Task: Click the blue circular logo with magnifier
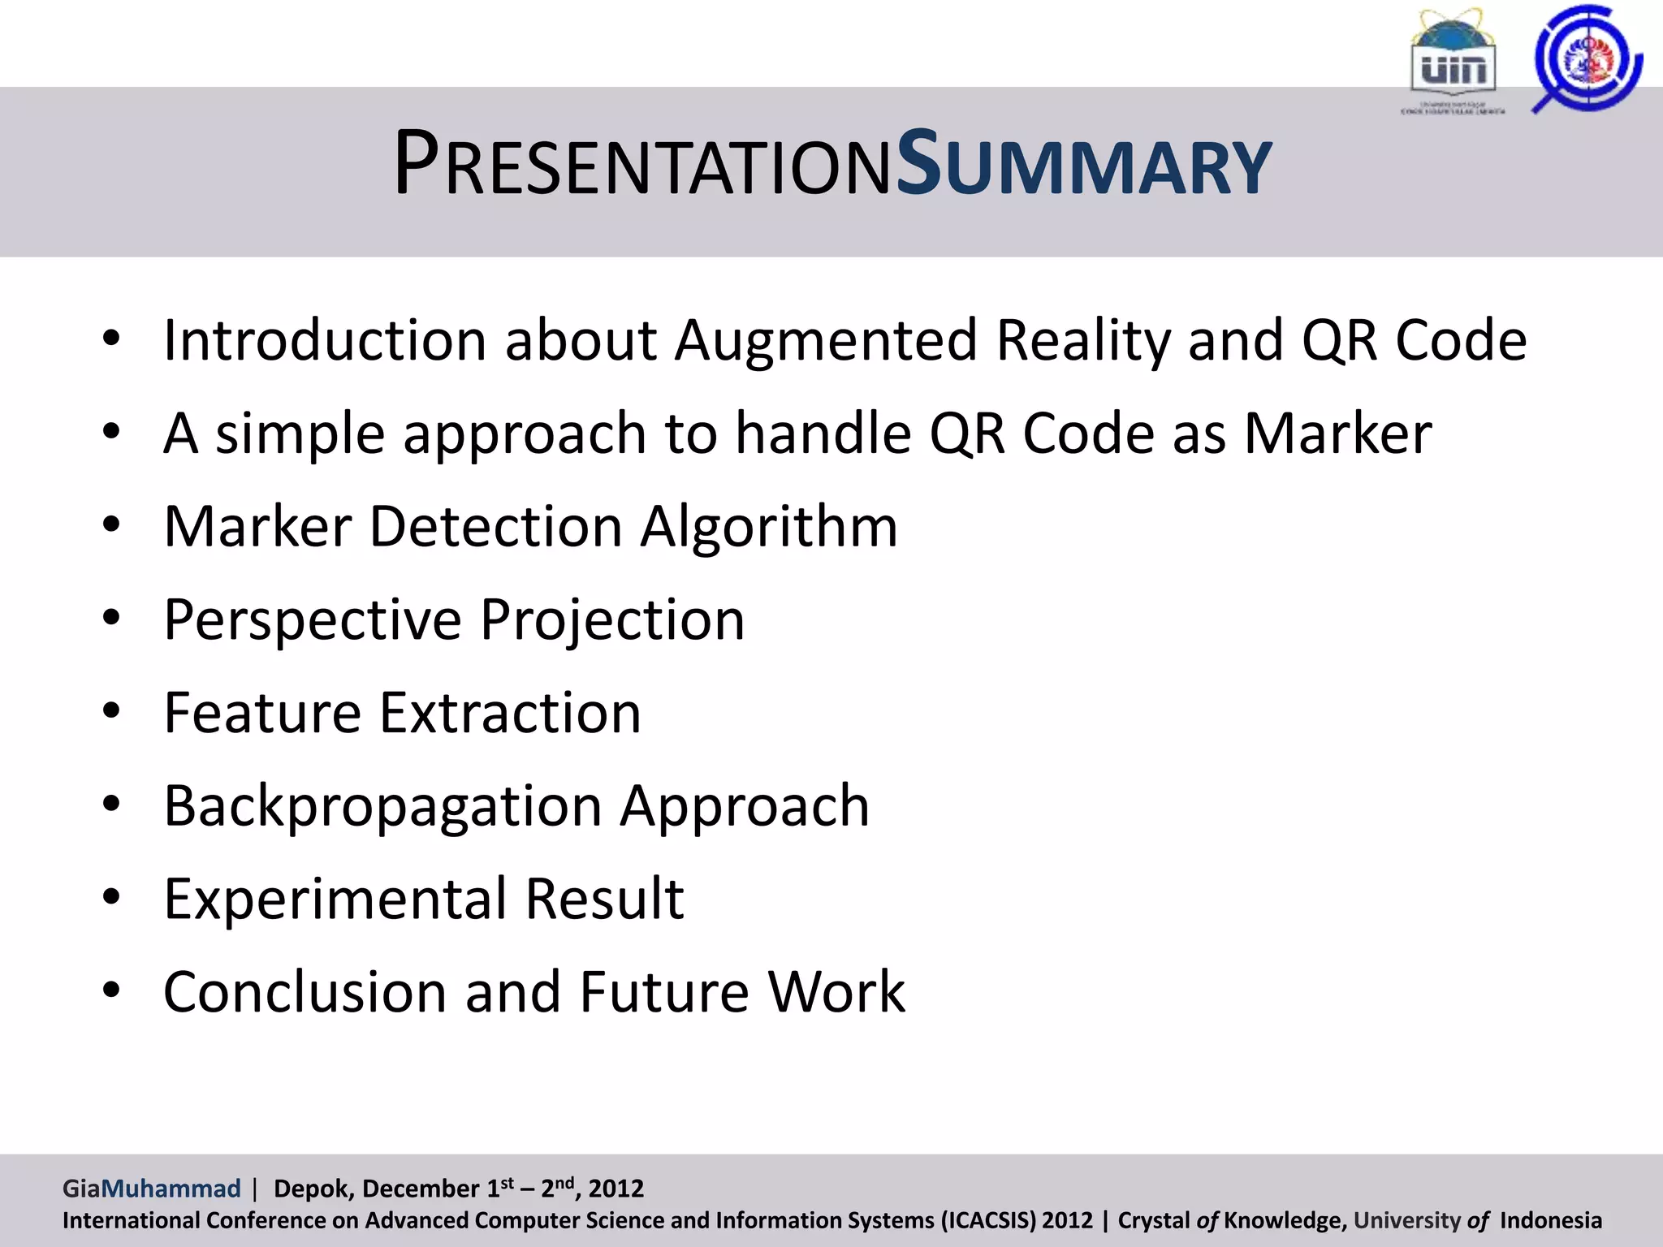click(x=1587, y=58)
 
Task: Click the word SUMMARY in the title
click(x=1083, y=165)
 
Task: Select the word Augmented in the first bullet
click(x=826, y=341)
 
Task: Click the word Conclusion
click(x=305, y=992)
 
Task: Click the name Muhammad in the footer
click(x=171, y=1189)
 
